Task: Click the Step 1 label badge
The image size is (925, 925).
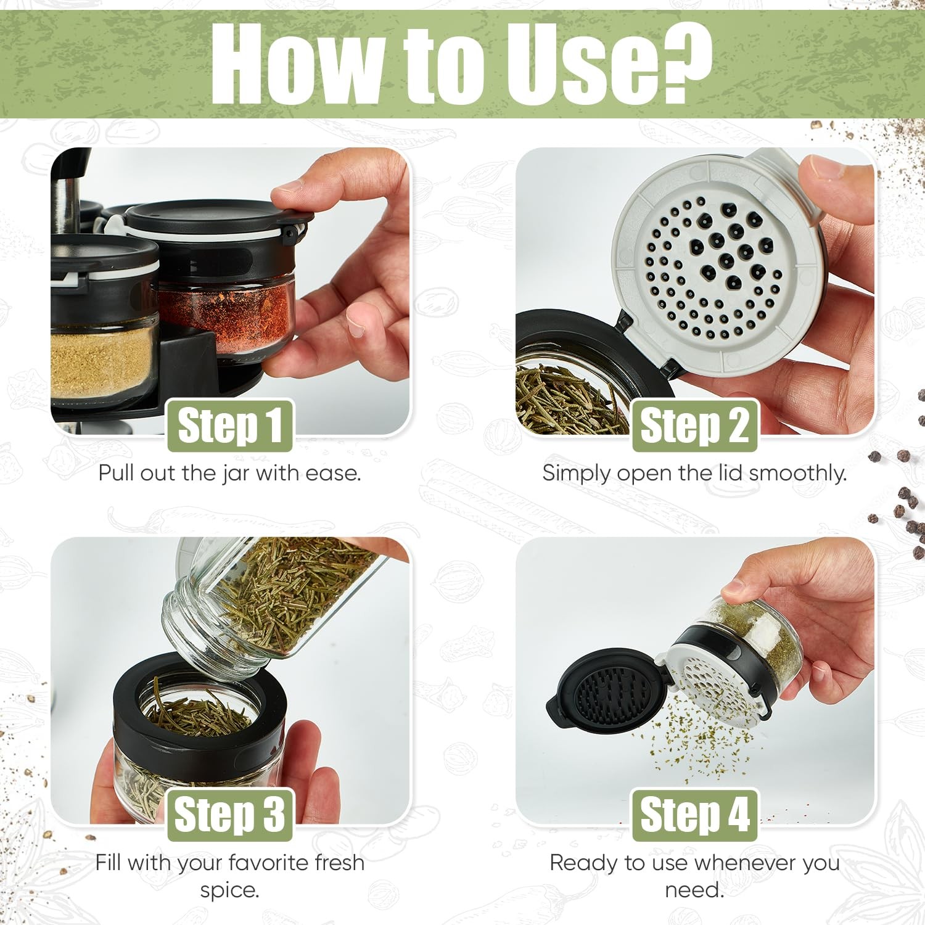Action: point(230,425)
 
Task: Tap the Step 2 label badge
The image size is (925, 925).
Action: point(694,425)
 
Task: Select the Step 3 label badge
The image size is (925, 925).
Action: point(230,815)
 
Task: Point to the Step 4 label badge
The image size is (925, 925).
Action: point(694,815)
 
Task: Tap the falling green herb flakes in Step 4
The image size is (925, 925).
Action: point(703,740)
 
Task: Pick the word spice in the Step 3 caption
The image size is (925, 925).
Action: point(229,890)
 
